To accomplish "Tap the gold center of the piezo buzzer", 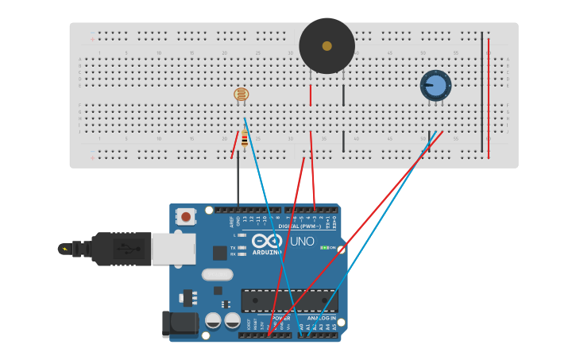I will point(327,46).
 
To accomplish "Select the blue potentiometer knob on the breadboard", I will point(435,84).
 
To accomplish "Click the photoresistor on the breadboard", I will point(241,95).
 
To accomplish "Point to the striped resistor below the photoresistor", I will point(244,141).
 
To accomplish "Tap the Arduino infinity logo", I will point(266,241).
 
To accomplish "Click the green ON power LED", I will point(324,248).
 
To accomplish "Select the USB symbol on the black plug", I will point(123,249).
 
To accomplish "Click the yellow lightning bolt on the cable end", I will point(64,249).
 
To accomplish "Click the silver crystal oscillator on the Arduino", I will point(217,275).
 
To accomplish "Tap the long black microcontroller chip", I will point(289,300).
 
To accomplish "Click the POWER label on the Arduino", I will point(281,318).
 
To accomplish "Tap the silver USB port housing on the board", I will point(173,249).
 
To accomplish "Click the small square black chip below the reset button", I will point(220,253).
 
